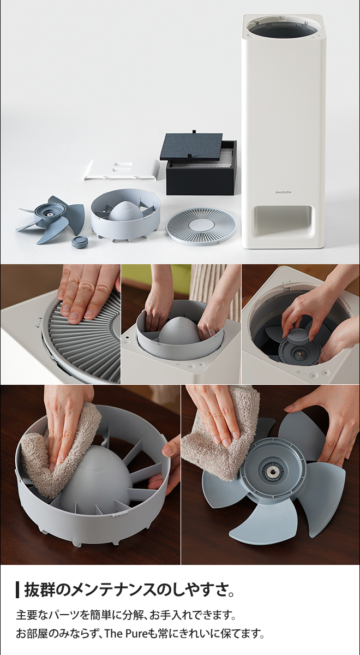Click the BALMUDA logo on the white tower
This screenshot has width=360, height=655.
(x=283, y=192)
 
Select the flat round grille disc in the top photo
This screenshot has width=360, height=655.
(x=201, y=226)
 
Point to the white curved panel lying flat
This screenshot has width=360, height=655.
(x=122, y=170)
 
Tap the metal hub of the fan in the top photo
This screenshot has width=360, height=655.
(x=51, y=215)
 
